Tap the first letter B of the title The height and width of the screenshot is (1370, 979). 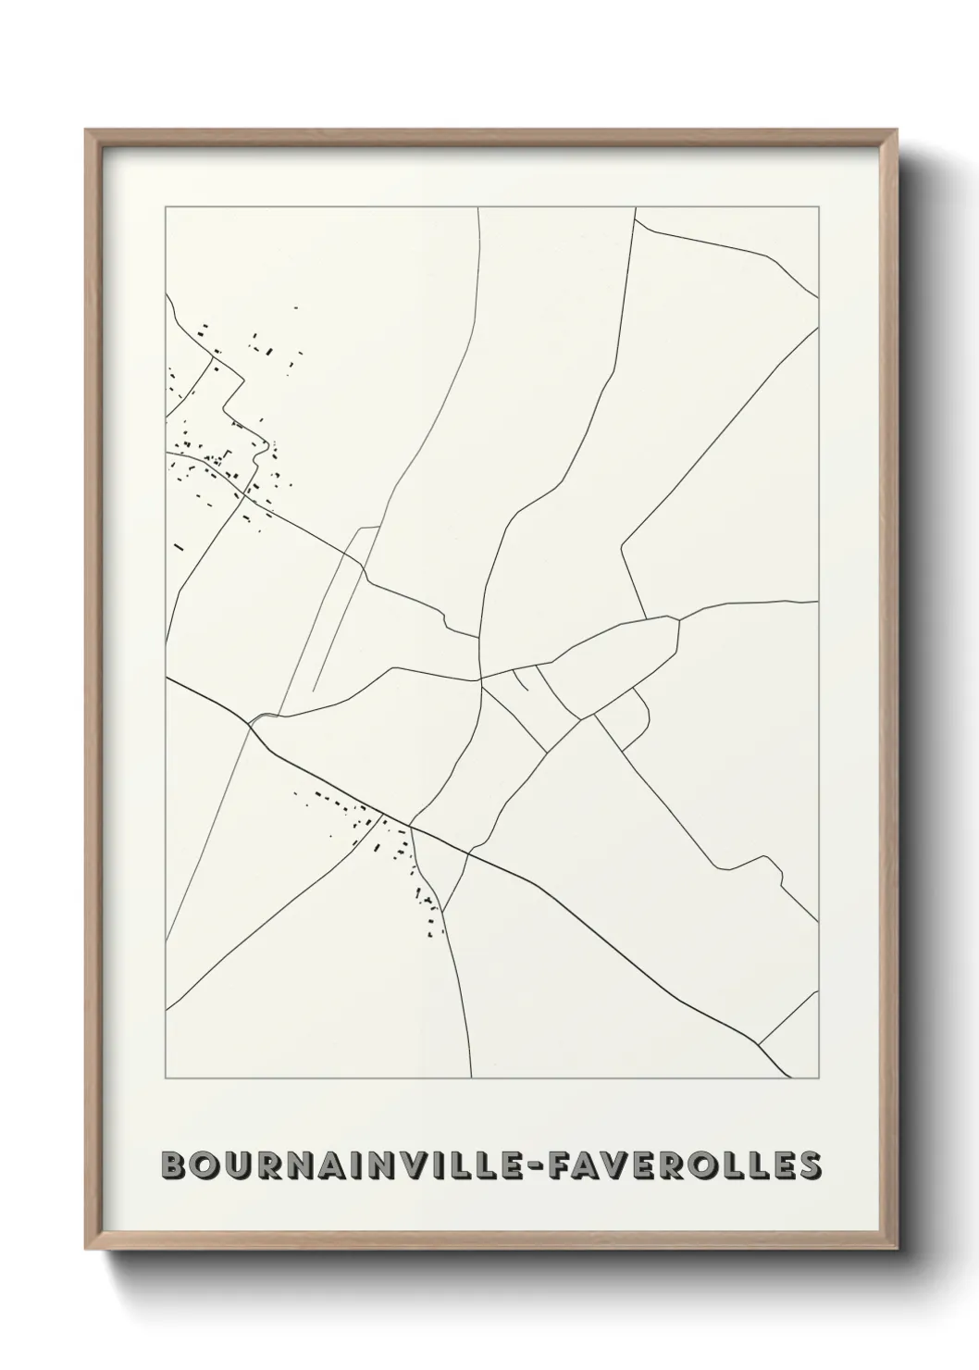click(173, 1165)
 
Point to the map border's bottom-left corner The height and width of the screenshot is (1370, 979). click(166, 1078)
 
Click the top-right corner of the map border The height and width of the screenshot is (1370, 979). click(819, 207)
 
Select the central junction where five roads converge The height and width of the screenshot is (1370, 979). click(481, 679)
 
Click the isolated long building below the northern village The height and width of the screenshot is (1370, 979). click(179, 547)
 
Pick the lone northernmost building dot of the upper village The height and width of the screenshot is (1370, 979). click(295, 308)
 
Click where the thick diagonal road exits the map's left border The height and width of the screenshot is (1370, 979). click(167, 678)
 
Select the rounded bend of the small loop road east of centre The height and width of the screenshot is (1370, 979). click(646, 713)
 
